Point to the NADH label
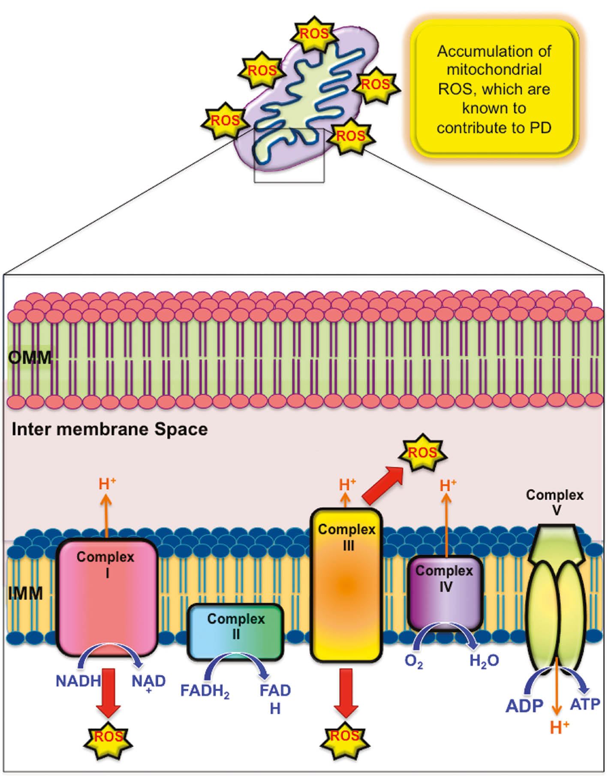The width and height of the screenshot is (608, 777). [x=78, y=681]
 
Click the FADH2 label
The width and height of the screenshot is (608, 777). [x=205, y=691]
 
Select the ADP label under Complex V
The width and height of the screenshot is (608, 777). [x=524, y=706]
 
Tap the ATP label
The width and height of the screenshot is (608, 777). [x=585, y=704]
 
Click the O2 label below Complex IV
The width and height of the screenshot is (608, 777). [x=413, y=662]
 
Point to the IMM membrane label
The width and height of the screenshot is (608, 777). [x=26, y=594]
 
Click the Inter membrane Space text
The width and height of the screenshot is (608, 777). [x=109, y=429]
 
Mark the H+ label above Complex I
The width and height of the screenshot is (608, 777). [x=107, y=484]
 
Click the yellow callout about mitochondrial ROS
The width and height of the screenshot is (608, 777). [x=494, y=89]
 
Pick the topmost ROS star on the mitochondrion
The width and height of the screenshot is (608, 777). [x=314, y=34]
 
